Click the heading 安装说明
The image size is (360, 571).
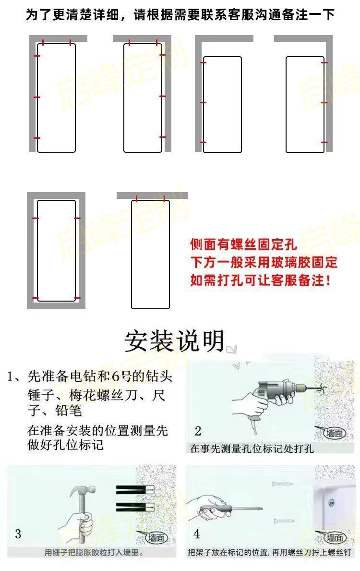[x=175, y=341]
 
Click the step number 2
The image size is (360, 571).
[x=198, y=431]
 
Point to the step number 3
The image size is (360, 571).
[x=18, y=534]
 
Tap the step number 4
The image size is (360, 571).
[x=197, y=534]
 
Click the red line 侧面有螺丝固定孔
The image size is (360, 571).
[x=243, y=245]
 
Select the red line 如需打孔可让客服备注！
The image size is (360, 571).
[x=260, y=280]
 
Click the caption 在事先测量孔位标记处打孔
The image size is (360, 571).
[x=252, y=449]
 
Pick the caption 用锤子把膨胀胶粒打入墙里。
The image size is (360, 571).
[x=94, y=553]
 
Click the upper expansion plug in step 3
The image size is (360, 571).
[x=135, y=489]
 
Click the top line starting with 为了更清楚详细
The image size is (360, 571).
[x=180, y=14]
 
